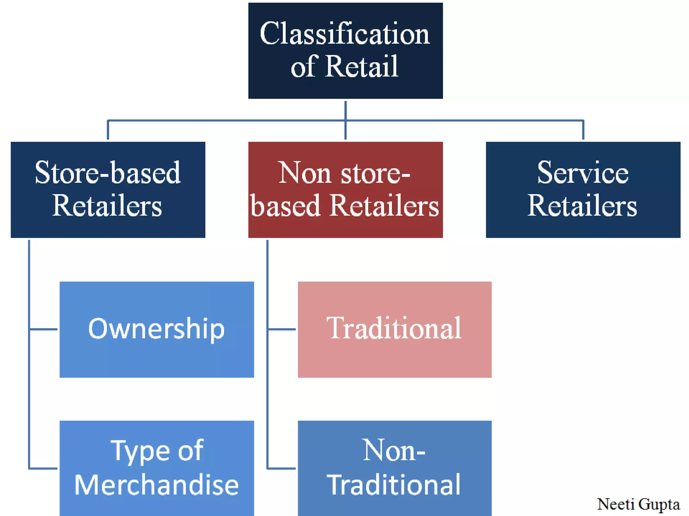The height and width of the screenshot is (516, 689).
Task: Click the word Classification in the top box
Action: coord(345,34)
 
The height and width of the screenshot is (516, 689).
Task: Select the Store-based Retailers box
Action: coord(108,190)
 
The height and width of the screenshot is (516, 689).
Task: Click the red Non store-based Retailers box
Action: coord(346,190)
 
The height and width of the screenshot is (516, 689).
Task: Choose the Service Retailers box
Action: coord(583,190)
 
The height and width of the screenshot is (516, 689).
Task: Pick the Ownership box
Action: coord(157,329)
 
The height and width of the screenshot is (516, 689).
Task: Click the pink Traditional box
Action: coord(395,329)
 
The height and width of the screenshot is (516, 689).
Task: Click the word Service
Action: coord(583,173)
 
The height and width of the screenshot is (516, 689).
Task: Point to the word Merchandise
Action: coord(157,485)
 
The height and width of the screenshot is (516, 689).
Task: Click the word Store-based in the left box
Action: coord(108,173)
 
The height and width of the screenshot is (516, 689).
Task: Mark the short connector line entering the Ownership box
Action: coord(44,329)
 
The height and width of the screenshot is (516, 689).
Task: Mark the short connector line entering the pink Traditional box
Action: coord(282,329)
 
